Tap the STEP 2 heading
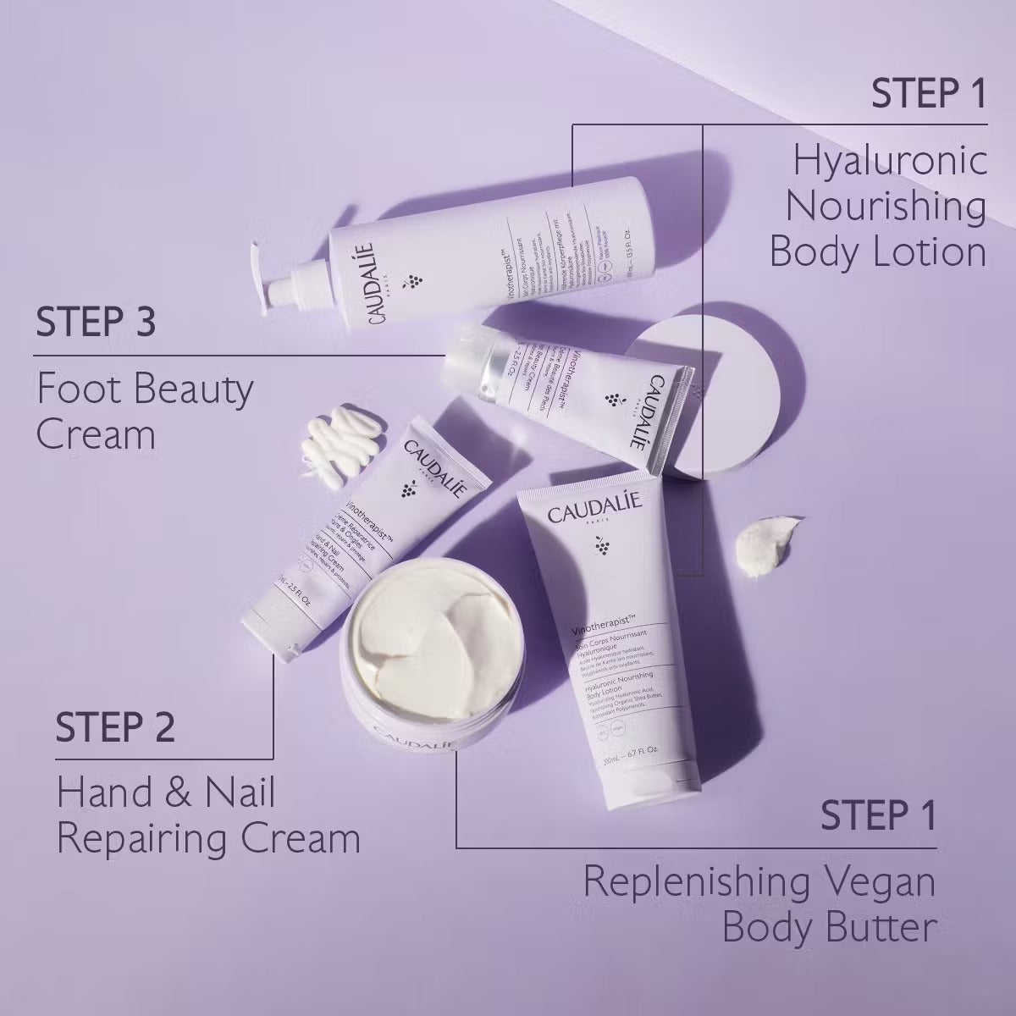pos(115,727)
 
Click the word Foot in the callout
pos(78,390)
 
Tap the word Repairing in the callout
pos(146,839)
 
